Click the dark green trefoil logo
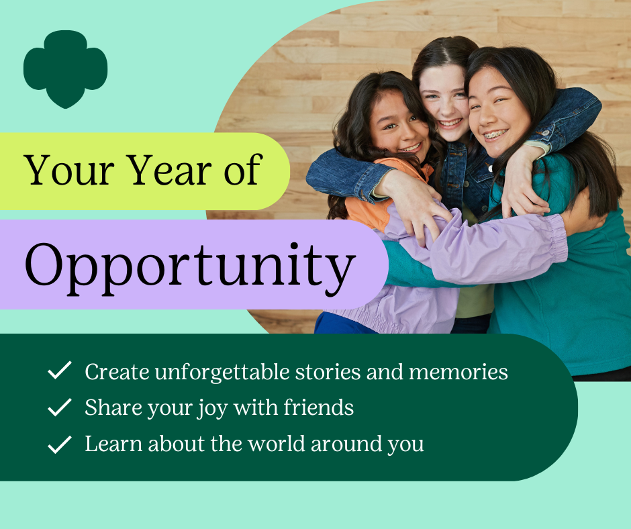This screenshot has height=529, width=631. click(65, 68)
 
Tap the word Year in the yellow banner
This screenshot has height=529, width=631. click(170, 170)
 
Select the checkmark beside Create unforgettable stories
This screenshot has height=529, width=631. click(60, 371)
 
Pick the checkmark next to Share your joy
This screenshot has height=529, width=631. click(60, 407)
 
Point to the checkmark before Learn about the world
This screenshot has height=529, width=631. click(60, 444)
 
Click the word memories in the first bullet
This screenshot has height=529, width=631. click(458, 372)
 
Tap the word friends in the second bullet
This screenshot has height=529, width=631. click(318, 407)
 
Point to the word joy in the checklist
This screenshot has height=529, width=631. click(212, 409)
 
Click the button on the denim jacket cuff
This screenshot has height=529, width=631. click(546, 132)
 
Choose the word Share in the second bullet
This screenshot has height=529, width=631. click(113, 407)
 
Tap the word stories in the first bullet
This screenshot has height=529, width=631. click(328, 372)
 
